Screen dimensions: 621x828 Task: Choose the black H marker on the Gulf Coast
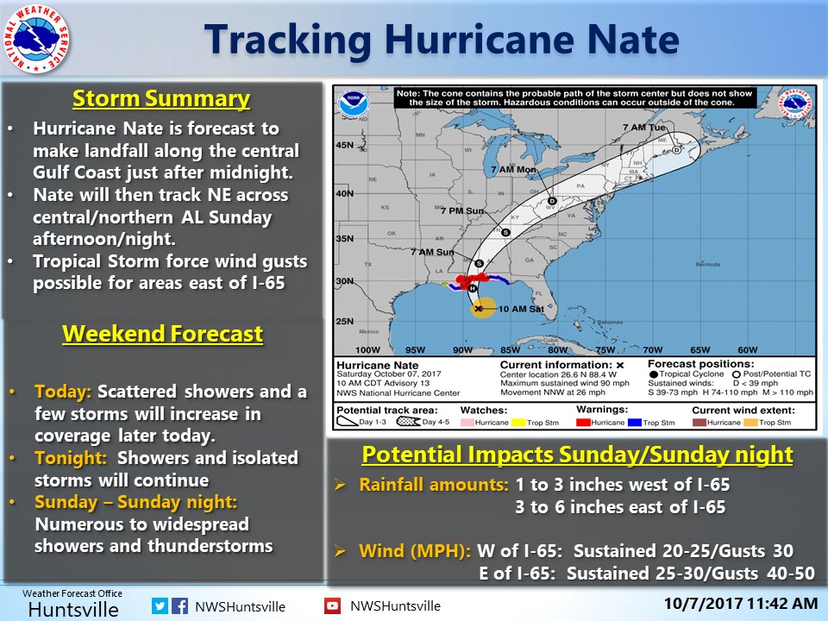pos(473,287)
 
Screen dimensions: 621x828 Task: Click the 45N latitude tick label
pos(346,145)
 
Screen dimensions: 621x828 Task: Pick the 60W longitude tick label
pos(747,349)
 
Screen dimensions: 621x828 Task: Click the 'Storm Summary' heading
pos(161,99)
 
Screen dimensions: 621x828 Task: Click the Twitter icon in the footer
pos(160,605)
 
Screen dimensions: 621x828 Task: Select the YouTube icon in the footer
pos(332,605)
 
